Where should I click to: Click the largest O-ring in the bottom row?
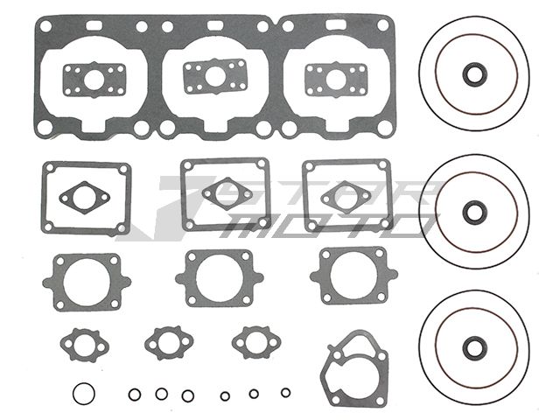[x=84, y=383]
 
